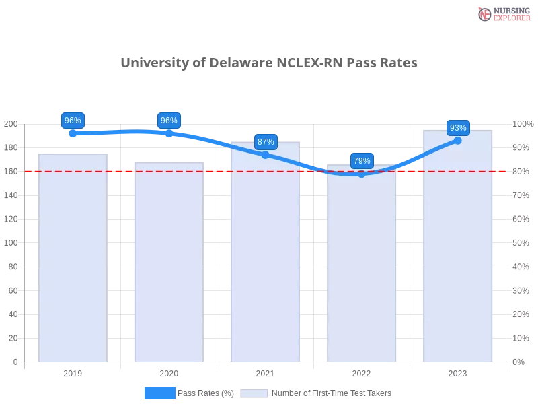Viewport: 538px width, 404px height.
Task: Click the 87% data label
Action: click(266, 142)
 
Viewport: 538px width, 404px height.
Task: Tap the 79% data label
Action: click(362, 161)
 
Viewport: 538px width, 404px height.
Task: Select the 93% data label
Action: click(458, 128)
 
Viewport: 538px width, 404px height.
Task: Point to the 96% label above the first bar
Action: click(73, 121)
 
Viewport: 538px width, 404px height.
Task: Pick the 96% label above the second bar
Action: click(169, 121)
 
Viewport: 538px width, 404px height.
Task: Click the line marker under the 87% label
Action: click(266, 155)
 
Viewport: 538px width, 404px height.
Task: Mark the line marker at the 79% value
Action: click(362, 174)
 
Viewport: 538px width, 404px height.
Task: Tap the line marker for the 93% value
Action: click(458, 140)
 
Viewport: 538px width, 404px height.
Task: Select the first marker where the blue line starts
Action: click(73, 133)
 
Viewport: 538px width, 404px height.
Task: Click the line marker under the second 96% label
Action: click(169, 133)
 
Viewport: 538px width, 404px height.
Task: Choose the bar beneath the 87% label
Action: click(266, 256)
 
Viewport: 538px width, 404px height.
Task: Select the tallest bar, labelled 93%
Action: click(458, 249)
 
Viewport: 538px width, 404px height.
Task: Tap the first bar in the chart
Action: click(73, 259)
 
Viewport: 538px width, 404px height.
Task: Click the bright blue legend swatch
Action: click(160, 393)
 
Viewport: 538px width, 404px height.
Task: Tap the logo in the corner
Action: click(502, 13)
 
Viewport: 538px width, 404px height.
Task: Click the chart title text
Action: click(269, 63)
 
